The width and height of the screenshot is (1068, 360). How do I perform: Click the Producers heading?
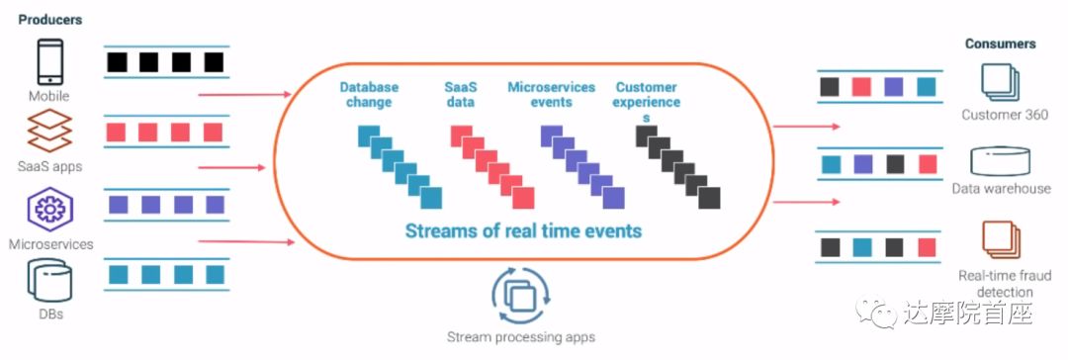click(49, 20)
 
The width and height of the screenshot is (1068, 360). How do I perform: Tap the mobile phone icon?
click(49, 62)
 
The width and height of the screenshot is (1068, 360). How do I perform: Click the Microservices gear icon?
click(49, 210)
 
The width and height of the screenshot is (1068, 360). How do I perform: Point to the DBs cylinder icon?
click(49, 282)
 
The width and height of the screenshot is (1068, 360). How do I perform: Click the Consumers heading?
click(1000, 44)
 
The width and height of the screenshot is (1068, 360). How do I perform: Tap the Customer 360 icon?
click(1000, 82)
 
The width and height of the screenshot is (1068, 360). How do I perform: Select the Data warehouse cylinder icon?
click(1000, 161)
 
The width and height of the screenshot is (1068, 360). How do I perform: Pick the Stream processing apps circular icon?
click(522, 296)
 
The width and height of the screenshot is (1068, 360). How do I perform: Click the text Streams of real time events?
click(523, 230)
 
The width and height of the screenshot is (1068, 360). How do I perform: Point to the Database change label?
click(369, 95)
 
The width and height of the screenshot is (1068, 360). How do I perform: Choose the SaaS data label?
click(461, 95)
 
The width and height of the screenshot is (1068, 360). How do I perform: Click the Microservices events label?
click(551, 95)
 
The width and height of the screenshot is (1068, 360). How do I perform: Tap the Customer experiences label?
click(648, 102)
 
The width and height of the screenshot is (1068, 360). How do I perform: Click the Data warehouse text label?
click(1001, 189)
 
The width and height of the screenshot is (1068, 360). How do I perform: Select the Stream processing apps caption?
click(521, 337)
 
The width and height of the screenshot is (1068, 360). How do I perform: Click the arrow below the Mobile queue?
click(244, 94)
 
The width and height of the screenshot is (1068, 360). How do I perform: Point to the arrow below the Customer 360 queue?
click(807, 127)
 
